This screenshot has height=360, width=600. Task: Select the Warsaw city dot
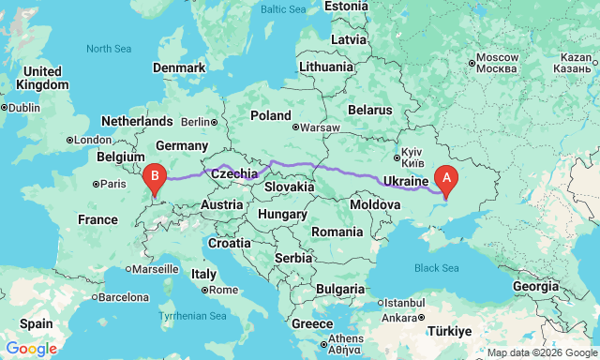[x=295, y=127]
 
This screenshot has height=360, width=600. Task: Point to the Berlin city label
[x=196, y=122]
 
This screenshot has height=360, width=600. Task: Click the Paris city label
[x=113, y=184]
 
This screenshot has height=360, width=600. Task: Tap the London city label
[x=91, y=141]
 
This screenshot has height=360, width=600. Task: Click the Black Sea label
[x=437, y=268]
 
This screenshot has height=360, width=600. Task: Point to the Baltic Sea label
[x=285, y=8]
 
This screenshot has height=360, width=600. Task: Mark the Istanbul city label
[x=406, y=303]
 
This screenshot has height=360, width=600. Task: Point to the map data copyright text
[x=541, y=352]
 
